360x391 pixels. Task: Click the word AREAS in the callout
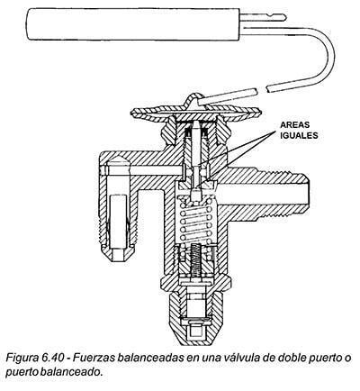[294, 125]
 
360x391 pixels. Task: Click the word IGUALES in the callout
[299, 135]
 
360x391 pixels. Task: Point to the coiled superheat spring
[196, 218]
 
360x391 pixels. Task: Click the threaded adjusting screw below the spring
[195, 259]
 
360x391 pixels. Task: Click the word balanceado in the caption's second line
[72, 372]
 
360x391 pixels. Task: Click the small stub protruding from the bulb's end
[263, 17]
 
